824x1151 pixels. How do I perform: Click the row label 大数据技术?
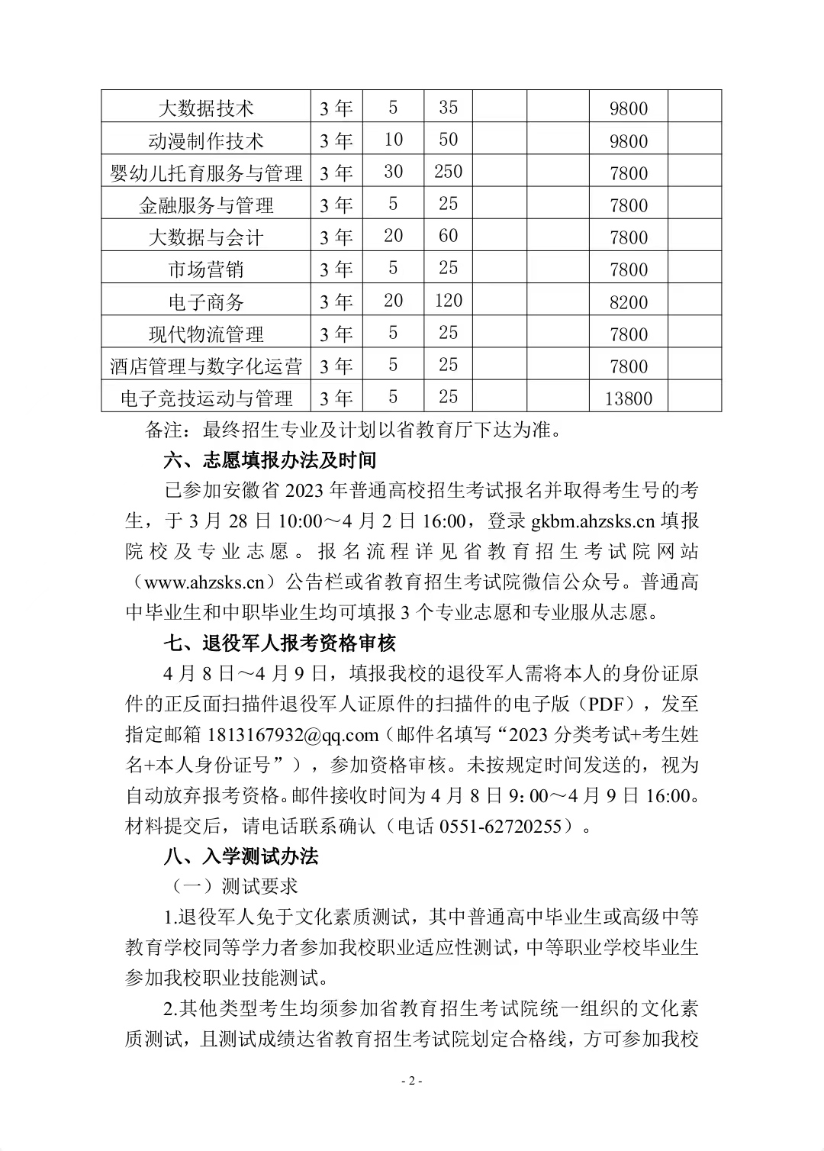pyautogui.click(x=206, y=108)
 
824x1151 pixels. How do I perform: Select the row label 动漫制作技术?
pyautogui.click(x=206, y=141)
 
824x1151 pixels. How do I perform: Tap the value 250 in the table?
pyautogui.click(x=449, y=172)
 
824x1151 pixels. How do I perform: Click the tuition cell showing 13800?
pyautogui.click(x=629, y=398)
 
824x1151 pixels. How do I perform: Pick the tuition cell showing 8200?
pyautogui.click(x=629, y=302)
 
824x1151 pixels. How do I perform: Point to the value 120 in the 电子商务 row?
pyautogui.click(x=449, y=301)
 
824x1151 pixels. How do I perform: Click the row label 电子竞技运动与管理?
pyautogui.click(x=206, y=398)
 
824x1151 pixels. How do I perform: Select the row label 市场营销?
pyautogui.click(x=206, y=269)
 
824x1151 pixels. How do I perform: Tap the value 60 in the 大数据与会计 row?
pyautogui.click(x=449, y=236)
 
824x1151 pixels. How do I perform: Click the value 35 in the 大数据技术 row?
pyautogui.click(x=449, y=108)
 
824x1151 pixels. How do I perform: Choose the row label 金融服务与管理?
pyautogui.click(x=206, y=205)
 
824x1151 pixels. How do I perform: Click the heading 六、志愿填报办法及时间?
pyautogui.click(x=270, y=461)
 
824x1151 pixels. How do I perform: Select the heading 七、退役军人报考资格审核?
pyautogui.click(x=280, y=643)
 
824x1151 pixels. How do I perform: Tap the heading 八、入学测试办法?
pyautogui.click(x=241, y=856)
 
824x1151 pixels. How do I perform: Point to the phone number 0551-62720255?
pyautogui.click(x=501, y=826)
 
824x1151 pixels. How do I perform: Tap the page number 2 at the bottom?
pyautogui.click(x=412, y=1082)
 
